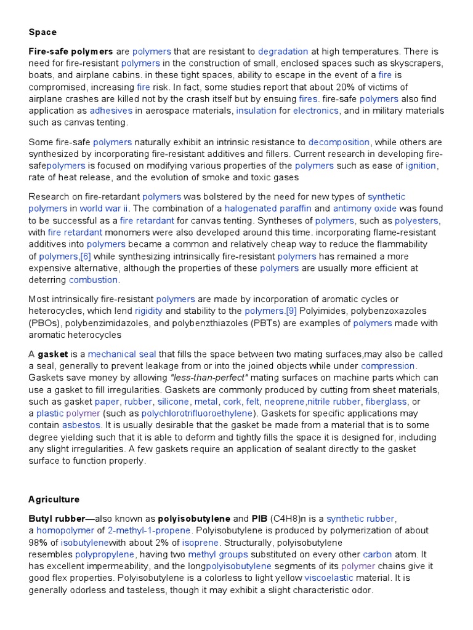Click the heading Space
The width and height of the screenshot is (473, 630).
tap(42, 31)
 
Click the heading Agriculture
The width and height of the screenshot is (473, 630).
tap(54, 499)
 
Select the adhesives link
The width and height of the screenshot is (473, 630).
tap(111, 111)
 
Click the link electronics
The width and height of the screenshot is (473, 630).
tap(315, 111)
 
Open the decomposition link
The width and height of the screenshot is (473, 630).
tap(339, 142)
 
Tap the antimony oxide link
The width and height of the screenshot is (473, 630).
tap(366, 209)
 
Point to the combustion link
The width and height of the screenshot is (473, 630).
tap(94, 280)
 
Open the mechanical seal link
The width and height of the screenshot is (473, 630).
tap(122, 354)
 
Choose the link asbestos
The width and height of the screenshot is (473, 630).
tap(82, 425)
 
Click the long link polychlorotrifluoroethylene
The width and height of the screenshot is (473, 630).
tap(197, 413)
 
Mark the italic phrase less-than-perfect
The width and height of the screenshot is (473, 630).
tap(209, 378)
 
